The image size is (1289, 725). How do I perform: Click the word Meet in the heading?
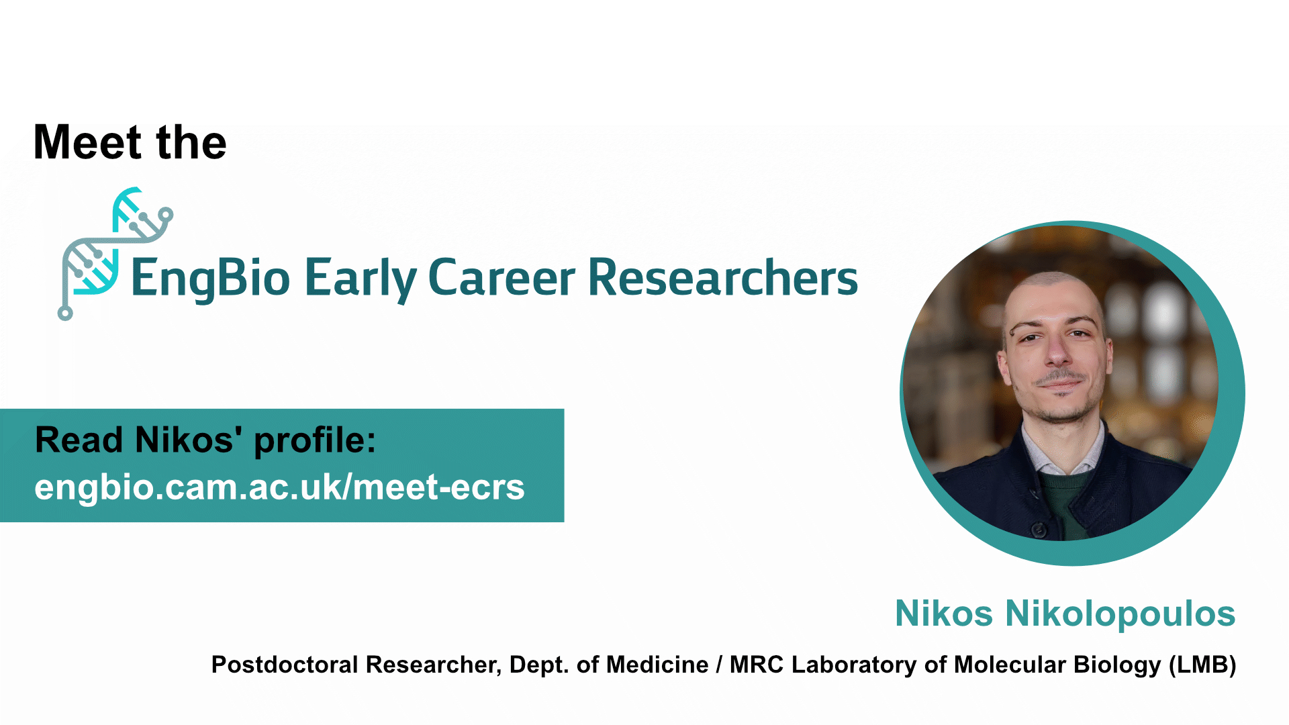click(x=88, y=142)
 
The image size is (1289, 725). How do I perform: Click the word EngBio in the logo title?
click(x=210, y=279)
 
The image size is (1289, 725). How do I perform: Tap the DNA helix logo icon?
click(x=115, y=254)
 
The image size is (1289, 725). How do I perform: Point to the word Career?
click(x=502, y=277)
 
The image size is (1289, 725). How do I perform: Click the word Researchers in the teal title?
click(x=723, y=277)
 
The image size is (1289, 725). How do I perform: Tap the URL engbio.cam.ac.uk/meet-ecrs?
click(x=279, y=487)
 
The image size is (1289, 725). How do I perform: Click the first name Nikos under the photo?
click(x=944, y=614)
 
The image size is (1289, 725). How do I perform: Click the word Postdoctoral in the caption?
click(x=285, y=665)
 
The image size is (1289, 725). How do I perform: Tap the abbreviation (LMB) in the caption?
click(x=1202, y=665)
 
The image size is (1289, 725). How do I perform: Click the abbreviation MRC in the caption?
click(x=757, y=665)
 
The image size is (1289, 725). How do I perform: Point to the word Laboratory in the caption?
click(x=854, y=665)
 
